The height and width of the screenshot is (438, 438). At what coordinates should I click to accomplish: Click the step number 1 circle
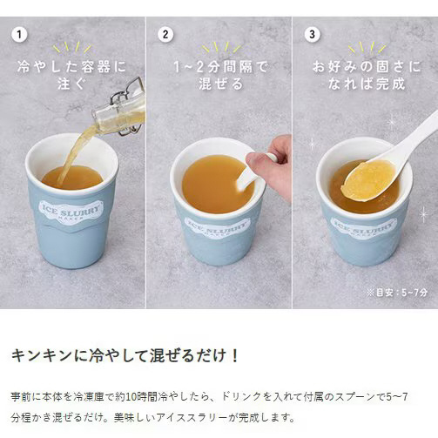point(19,35)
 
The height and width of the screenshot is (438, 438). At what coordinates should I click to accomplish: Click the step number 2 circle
point(165,35)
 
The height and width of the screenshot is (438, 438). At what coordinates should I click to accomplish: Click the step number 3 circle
point(312,35)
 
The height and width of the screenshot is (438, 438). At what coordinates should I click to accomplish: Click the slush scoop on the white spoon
point(369,179)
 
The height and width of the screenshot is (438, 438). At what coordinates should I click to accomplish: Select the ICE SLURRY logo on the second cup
point(218,226)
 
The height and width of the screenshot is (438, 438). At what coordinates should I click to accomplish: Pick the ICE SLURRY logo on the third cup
point(363,227)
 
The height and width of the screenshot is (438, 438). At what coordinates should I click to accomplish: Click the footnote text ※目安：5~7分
point(397,293)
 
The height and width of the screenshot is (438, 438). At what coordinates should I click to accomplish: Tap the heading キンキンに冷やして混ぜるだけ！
point(125,355)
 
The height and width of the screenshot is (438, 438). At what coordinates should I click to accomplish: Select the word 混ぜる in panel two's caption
point(221,84)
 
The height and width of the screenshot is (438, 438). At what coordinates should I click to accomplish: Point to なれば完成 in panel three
point(367,84)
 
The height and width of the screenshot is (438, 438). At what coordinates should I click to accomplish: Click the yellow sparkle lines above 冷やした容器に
point(72,47)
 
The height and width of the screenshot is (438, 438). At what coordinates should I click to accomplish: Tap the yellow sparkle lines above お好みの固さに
point(367,47)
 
